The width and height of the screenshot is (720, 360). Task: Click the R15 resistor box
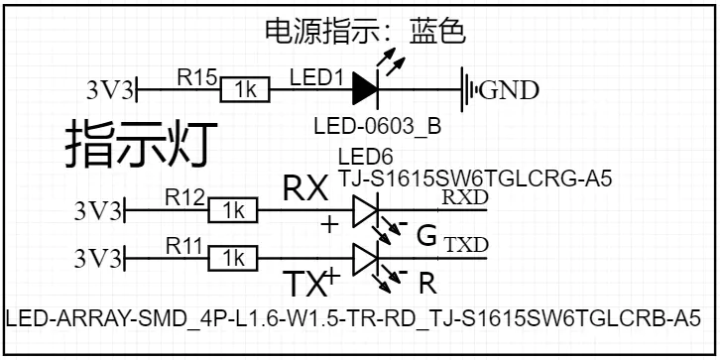tap(245, 89)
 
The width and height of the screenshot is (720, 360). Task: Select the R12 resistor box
tap(233, 210)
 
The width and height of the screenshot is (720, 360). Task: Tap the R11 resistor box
tap(233, 258)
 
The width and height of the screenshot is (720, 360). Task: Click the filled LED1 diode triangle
tap(365, 89)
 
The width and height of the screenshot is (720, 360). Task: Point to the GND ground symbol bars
tap(469, 89)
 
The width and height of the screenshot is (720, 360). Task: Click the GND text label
tap(509, 91)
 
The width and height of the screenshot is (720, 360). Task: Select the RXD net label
tap(465, 197)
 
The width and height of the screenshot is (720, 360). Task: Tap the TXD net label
tap(467, 246)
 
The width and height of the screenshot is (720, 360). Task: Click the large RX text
tap(305, 188)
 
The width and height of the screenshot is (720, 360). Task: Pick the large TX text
tap(303, 285)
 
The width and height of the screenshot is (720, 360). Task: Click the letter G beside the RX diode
tap(426, 236)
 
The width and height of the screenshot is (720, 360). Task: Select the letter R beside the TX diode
tap(427, 285)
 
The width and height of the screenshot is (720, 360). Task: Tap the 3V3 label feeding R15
tap(110, 90)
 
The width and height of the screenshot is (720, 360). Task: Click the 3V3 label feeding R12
tap(98, 211)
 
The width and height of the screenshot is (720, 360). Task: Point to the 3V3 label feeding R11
tap(98, 260)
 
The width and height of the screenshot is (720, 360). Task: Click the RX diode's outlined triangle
tap(365, 210)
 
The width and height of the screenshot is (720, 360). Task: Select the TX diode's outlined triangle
tap(365, 258)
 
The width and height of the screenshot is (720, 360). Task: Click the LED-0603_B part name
tap(378, 126)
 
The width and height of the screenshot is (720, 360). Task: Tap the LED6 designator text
tap(366, 158)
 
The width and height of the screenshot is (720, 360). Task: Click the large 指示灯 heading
tap(141, 143)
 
